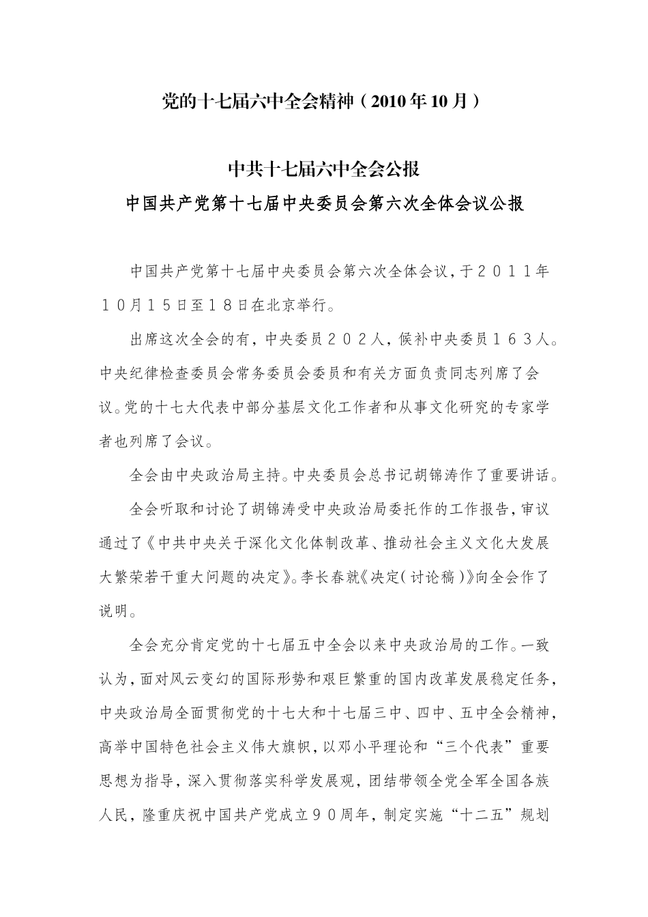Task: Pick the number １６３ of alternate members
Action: tap(503, 339)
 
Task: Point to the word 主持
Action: tap(267, 476)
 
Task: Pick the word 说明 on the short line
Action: tap(114, 611)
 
